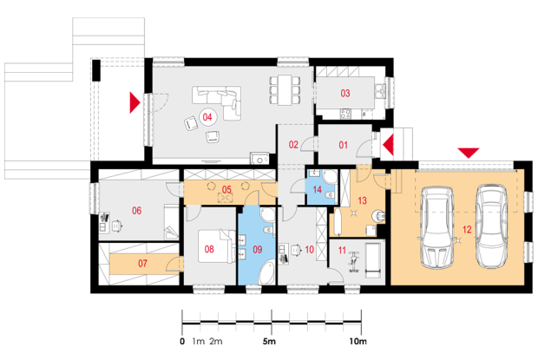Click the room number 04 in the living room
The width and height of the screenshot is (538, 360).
207,117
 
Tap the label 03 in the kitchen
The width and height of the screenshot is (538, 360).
345,94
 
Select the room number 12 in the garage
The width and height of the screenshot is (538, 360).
467,229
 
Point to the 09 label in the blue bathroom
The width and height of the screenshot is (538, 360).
258,249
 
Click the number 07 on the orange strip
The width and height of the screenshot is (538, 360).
142,264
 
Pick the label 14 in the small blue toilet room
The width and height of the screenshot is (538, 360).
317,190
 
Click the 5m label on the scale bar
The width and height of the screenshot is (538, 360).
269,342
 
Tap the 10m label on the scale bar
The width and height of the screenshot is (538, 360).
358,342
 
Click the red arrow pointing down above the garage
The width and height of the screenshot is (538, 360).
469,153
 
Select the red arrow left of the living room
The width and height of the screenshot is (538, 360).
134,102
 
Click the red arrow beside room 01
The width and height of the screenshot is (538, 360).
389,145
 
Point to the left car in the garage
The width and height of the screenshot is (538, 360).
436,227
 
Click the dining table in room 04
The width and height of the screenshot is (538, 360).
285,90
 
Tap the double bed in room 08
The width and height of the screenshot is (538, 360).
217,246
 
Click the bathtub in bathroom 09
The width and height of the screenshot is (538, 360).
267,272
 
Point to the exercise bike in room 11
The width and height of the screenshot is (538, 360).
354,263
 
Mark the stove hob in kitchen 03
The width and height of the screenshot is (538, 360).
345,114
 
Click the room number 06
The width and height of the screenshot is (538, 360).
136,211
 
